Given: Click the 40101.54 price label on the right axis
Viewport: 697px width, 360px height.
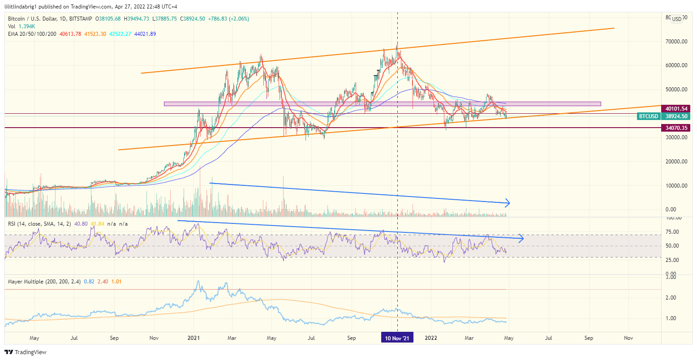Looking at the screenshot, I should pyautogui.click(x=676, y=108).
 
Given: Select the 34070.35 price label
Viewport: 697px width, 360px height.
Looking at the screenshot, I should pyautogui.click(x=676, y=128).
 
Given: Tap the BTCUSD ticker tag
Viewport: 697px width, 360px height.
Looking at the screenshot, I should pyautogui.click(x=648, y=116).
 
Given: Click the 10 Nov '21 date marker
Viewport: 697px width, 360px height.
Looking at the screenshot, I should pyautogui.click(x=397, y=338).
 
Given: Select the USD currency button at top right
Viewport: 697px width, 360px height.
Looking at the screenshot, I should pyautogui.click(x=676, y=19).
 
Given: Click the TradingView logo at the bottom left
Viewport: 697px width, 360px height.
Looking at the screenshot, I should pyautogui.click(x=26, y=352).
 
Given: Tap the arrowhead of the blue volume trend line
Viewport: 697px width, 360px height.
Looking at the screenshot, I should pyautogui.click(x=508, y=203).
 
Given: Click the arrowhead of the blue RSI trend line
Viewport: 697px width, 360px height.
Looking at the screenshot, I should pyautogui.click(x=521, y=239).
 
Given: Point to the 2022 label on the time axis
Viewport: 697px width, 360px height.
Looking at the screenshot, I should pyautogui.click(x=430, y=338).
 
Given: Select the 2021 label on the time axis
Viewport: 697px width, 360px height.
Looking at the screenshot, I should pyautogui.click(x=194, y=338).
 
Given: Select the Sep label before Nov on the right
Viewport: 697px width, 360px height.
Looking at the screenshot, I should pyautogui.click(x=589, y=338).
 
